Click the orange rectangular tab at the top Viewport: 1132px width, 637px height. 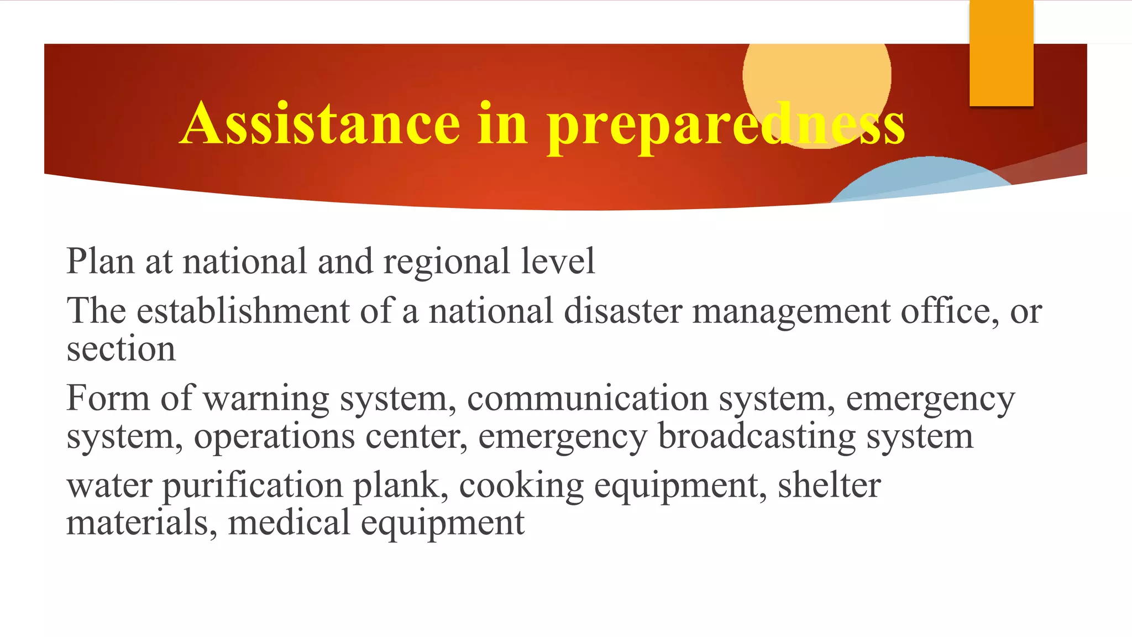click(1001, 53)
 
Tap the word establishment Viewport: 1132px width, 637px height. click(243, 311)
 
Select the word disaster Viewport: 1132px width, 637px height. click(623, 311)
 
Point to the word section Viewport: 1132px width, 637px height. click(121, 349)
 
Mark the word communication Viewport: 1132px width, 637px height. click(588, 398)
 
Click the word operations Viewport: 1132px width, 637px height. click(274, 437)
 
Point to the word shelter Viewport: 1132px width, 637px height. click(829, 485)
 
